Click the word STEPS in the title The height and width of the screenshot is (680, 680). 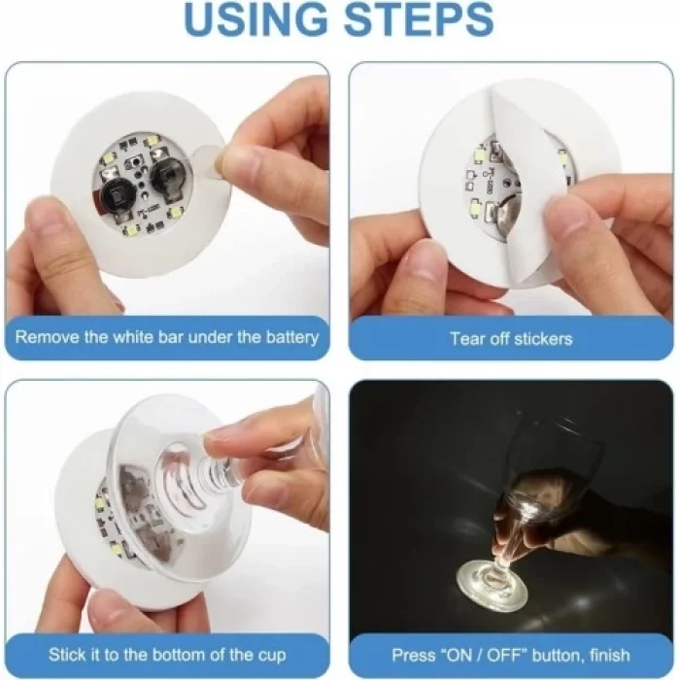pos(419,21)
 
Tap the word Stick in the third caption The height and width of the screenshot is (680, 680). pos(68,655)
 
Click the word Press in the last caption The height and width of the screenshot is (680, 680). pos(413,655)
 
